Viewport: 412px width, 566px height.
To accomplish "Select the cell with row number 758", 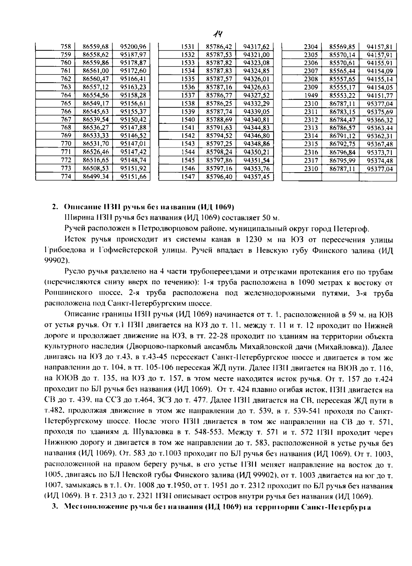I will (x=66, y=47).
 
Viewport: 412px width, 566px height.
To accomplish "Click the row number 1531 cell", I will (x=188, y=47).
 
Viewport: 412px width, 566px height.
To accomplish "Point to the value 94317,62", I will (x=256, y=47).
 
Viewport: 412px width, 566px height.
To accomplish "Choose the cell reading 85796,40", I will (x=219, y=177).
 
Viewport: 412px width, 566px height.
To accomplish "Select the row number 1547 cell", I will (x=188, y=177).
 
